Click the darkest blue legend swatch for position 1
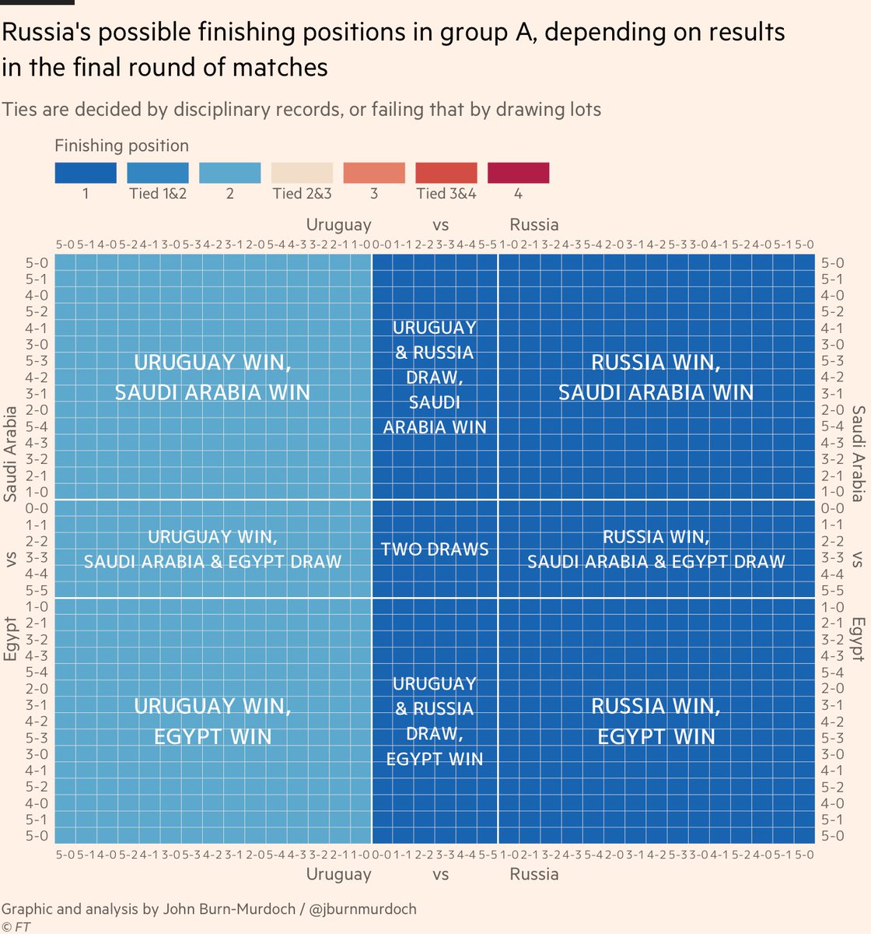[x=85, y=173]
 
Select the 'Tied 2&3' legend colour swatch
[x=302, y=173]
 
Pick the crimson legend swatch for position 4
[x=518, y=173]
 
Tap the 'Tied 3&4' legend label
[x=446, y=194]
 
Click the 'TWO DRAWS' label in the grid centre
[x=435, y=550]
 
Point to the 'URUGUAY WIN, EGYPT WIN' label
[x=212, y=722]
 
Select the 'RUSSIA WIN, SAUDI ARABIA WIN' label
[x=656, y=377]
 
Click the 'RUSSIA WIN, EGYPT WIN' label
[x=656, y=722]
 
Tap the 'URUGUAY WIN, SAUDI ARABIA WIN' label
[x=212, y=377]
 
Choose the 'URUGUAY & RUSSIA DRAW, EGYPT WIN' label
[x=435, y=722]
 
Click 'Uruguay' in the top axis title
[x=338, y=225]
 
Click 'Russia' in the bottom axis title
[x=534, y=874]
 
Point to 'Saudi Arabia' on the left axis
[x=11, y=453]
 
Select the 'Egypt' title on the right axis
[x=857, y=639]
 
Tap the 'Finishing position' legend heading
[x=121, y=146]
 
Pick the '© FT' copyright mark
[x=16, y=926]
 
